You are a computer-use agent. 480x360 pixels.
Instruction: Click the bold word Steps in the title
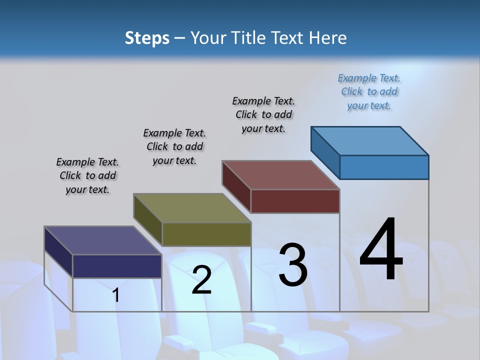(x=147, y=38)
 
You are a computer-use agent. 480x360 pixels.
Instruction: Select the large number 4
(x=381, y=250)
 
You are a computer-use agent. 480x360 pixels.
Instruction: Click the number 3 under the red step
(x=293, y=265)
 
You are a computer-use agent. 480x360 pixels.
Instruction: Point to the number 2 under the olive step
(x=201, y=280)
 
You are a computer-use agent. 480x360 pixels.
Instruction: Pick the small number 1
(x=116, y=295)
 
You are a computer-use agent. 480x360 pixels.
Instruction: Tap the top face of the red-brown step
(x=281, y=175)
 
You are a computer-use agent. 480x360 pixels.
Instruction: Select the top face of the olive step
(x=192, y=208)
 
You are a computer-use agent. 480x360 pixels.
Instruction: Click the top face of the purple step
(x=103, y=240)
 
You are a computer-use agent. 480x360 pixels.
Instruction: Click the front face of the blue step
(x=384, y=167)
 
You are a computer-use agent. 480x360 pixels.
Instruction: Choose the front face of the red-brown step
(x=295, y=201)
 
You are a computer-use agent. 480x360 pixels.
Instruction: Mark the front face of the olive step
(x=206, y=234)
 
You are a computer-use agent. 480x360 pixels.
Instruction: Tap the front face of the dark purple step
(x=117, y=266)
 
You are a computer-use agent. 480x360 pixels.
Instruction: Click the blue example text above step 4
(x=369, y=92)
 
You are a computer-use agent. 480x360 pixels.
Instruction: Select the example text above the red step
(x=263, y=114)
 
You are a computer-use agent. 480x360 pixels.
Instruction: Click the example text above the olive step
(x=174, y=146)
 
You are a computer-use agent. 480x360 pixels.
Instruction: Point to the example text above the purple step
(x=87, y=175)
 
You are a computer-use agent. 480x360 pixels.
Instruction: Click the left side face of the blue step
(x=325, y=152)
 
